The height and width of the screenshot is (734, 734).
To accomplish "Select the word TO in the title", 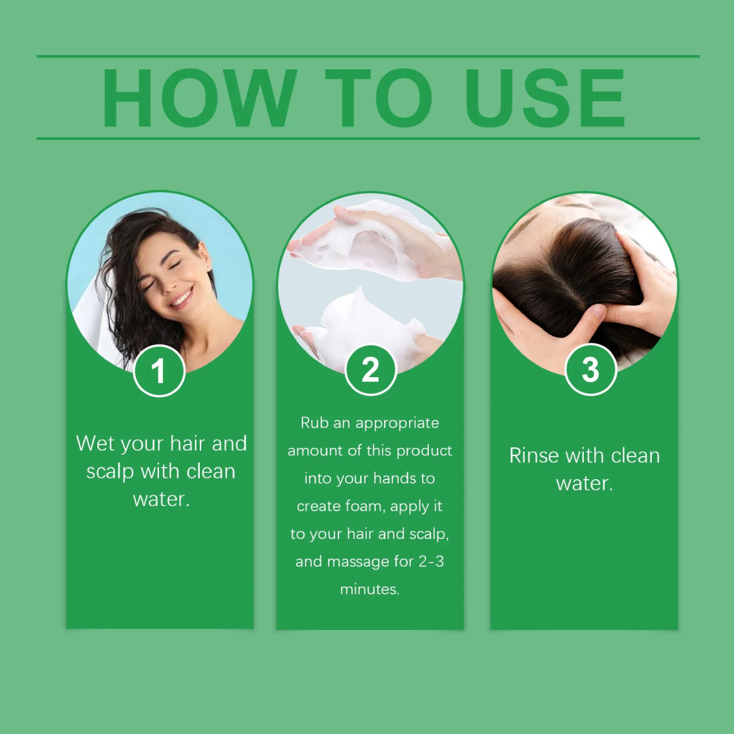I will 378,99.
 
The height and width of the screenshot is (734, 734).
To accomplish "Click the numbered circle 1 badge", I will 159,371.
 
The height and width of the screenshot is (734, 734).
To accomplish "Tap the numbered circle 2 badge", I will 370,370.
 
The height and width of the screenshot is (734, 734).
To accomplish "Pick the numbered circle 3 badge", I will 591,370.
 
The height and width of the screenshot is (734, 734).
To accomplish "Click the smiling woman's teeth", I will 181,297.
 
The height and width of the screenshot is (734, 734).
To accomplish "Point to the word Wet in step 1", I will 96,444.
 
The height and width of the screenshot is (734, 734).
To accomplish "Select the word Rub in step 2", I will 315,423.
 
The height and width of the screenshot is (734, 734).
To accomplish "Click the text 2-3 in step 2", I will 430,561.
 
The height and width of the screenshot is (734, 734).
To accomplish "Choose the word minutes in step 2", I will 370,589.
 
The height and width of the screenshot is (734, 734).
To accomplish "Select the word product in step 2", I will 424,451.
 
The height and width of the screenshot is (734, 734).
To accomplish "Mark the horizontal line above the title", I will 367,56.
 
